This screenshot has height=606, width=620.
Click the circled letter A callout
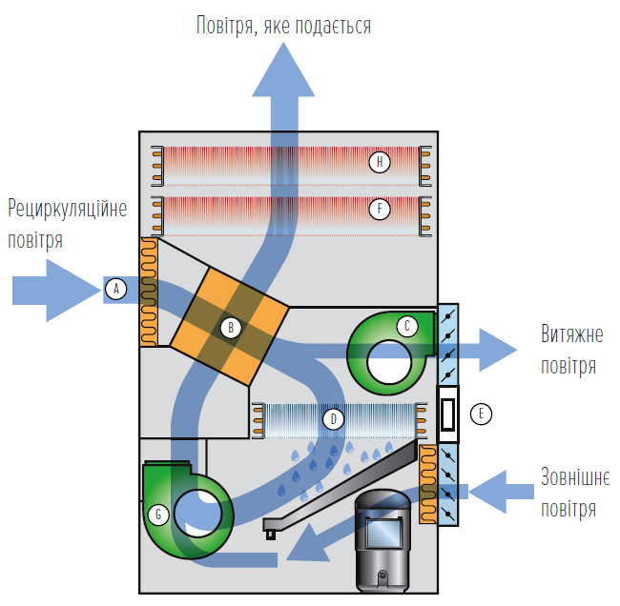[115, 288]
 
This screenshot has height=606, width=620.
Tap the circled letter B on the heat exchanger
[229, 328]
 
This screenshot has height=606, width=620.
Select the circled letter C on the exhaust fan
[407, 326]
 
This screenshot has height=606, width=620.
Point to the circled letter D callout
[333, 417]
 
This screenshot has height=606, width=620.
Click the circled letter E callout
[484, 414]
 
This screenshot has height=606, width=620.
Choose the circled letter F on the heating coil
[380, 207]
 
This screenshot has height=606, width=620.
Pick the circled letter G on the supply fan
[159, 515]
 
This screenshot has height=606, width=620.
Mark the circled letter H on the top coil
[380, 162]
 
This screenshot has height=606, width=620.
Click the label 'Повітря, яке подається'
[282, 25]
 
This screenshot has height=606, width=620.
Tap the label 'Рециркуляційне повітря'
[67, 224]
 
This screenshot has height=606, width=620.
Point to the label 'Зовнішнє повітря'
[568, 493]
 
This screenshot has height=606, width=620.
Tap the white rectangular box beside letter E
[447, 414]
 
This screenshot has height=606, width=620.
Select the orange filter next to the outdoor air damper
[427, 484]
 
